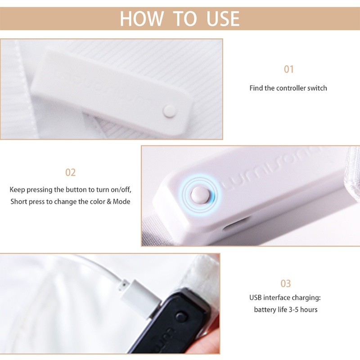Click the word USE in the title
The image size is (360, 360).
(223, 19)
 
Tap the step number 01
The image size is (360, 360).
(288, 69)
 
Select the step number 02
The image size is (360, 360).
(71, 172)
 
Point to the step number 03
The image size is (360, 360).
(286, 283)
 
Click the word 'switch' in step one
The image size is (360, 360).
(317, 88)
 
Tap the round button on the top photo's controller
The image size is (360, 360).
(169, 109)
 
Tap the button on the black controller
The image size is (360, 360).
(181, 317)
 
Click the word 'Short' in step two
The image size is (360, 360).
(19, 202)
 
